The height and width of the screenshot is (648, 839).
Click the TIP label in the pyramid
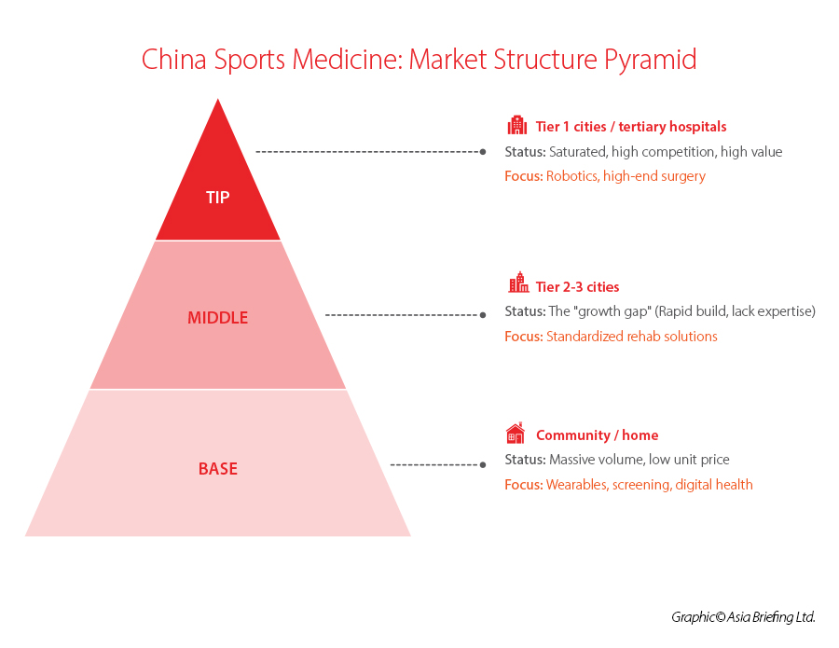[x=217, y=198]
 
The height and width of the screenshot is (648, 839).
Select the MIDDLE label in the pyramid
[x=217, y=318]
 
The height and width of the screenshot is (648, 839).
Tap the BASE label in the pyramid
[x=217, y=469]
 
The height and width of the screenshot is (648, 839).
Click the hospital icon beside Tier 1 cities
[x=516, y=126]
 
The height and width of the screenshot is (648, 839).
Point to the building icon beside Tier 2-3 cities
[x=516, y=283]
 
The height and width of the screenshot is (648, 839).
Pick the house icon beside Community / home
[x=516, y=434]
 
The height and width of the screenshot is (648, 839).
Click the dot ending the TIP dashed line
[x=483, y=151]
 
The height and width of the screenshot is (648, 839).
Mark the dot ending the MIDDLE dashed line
[x=483, y=315]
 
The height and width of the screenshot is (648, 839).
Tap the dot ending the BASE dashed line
[x=483, y=464]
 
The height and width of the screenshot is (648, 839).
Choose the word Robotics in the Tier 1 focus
[x=571, y=176]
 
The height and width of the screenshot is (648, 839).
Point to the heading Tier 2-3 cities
[x=577, y=287]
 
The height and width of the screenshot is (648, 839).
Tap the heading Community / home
[x=597, y=435]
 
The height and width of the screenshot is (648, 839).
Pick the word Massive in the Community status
[x=571, y=460]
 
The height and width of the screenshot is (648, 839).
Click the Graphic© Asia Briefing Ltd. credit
[x=743, y=617]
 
